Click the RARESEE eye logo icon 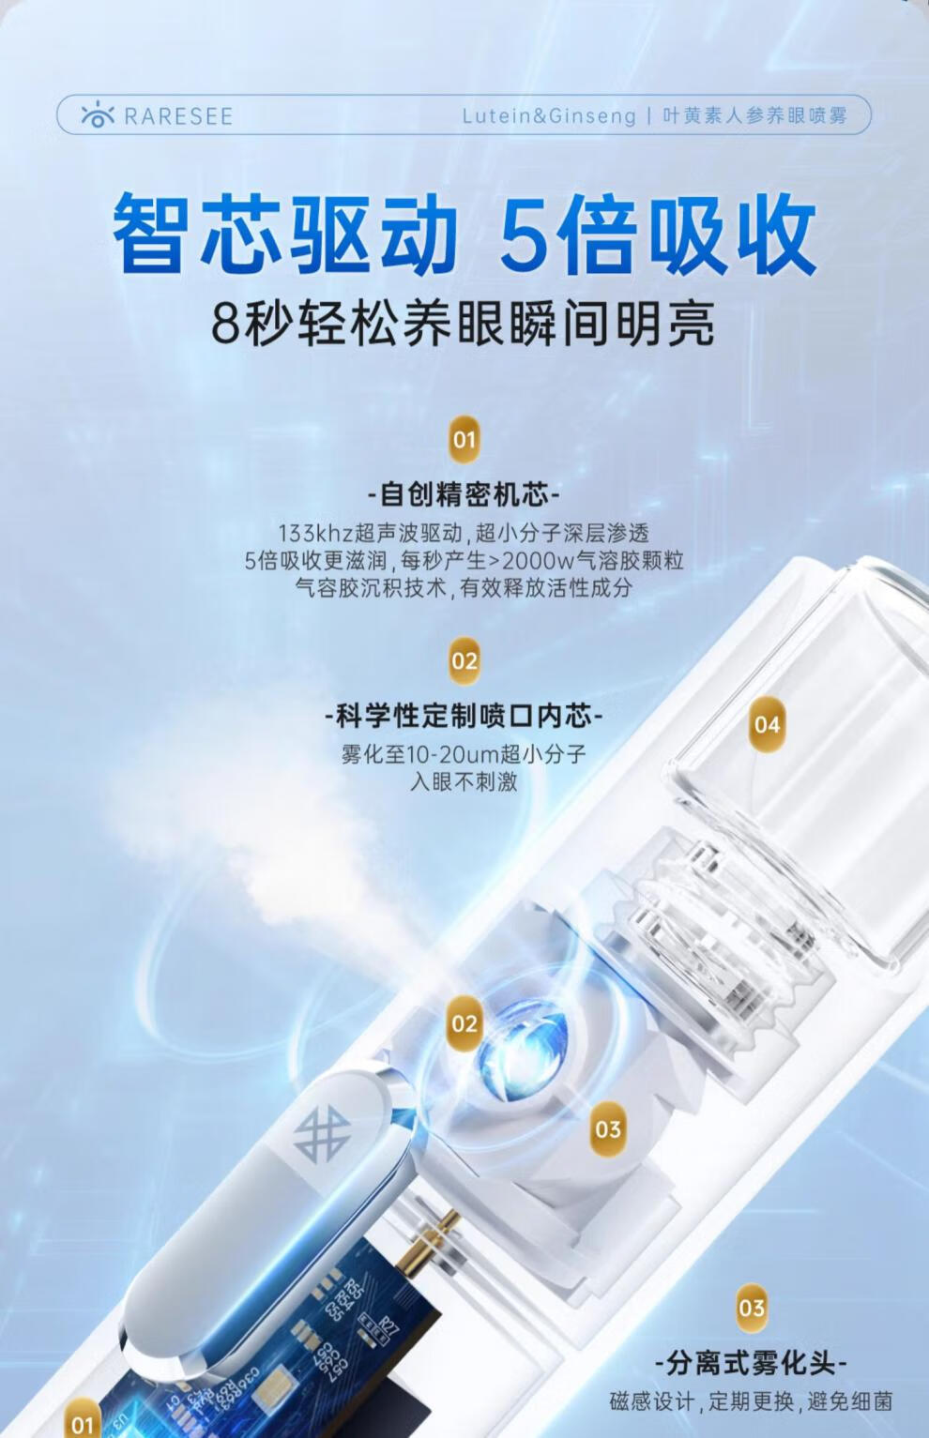[x=98, y=115]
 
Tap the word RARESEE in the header [x=178, y=116]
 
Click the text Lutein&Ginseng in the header [x=549, y=116]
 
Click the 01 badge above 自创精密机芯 [x=464, y=440]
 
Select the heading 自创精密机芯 [x=464, y=494]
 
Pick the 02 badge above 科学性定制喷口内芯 [x=464, y=660]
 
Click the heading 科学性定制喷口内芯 [x=464, y=716]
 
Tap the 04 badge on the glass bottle [x=768, y=725]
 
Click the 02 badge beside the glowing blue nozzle [x=464, y=1024]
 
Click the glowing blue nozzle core [x=522, y=1052]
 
